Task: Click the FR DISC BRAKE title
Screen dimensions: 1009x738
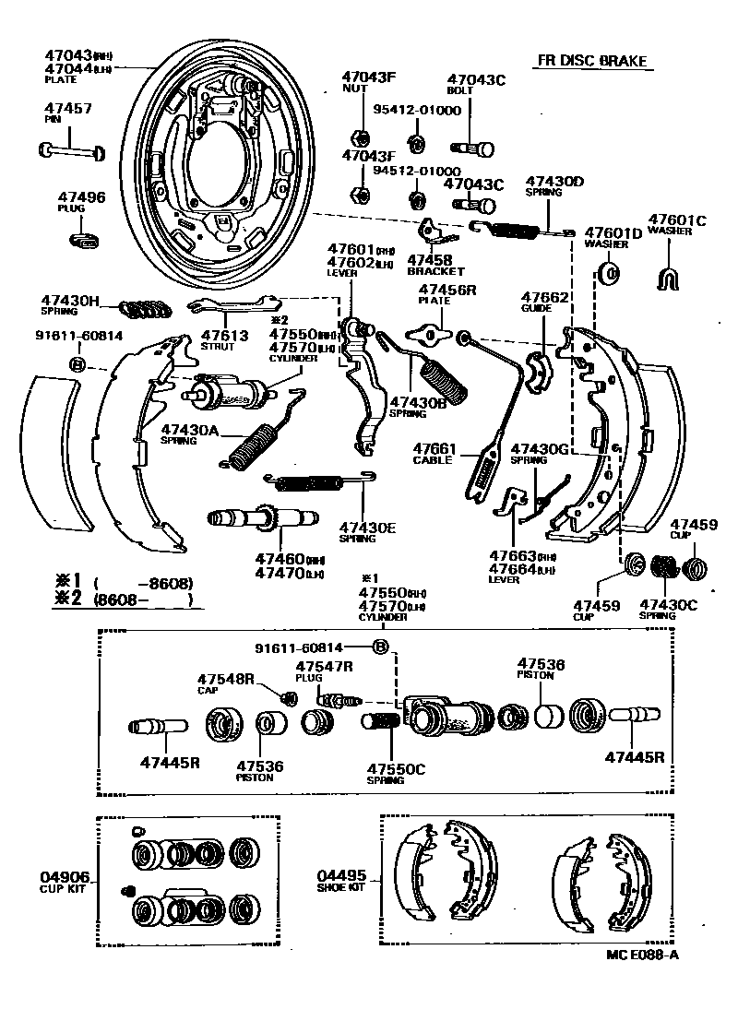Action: (591, 62)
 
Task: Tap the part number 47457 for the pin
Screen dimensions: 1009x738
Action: (68, 109)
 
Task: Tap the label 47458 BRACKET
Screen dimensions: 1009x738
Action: (434, 266)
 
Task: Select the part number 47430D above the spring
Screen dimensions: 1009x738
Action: (554, 181)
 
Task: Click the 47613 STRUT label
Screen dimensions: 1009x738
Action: (224, 340)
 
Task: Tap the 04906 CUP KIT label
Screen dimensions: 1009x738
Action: (64, 881)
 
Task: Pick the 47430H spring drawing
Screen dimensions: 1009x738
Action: (145, 306)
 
